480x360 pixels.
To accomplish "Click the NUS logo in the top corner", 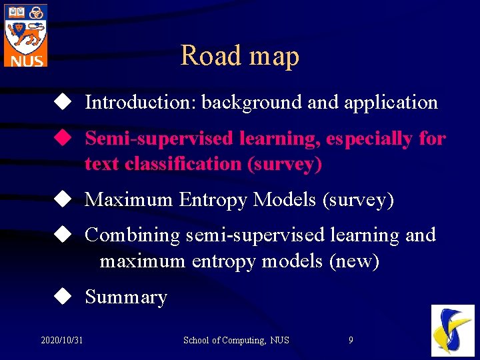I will point(26,35).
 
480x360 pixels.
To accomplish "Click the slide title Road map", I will point(239,55).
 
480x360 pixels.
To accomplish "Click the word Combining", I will point(133,235).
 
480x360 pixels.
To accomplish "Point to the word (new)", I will point(354,261).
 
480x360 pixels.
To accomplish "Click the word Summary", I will point(126,297).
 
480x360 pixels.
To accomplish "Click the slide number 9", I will point(351,341).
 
